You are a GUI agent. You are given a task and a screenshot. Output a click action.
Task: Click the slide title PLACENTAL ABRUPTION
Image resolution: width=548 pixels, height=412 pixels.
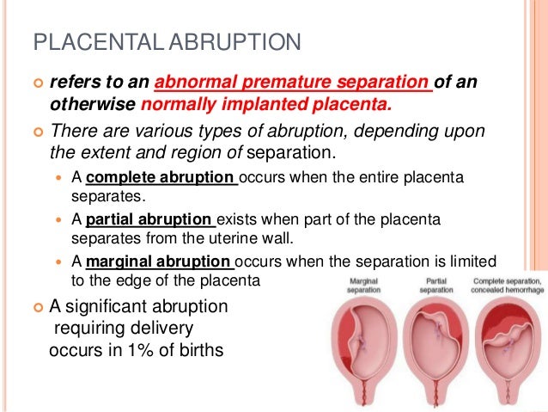tap(167, 41)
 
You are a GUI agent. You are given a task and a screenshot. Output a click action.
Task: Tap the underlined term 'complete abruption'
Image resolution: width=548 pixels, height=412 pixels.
tap(161, 178)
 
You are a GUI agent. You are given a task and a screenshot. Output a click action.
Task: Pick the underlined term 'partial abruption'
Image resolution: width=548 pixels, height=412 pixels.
tap(152, 220)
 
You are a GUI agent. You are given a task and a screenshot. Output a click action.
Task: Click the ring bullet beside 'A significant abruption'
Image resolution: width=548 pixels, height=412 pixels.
tap(37, 307)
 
